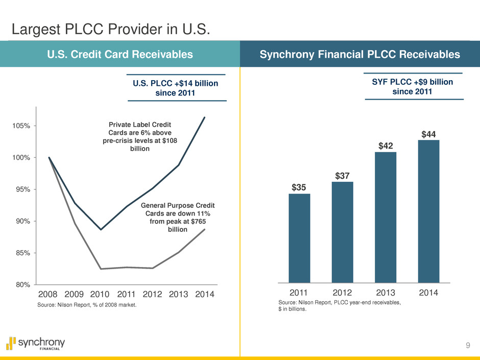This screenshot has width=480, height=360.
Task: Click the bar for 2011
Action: [x=299, y=238]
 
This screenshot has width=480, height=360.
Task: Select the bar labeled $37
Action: [x=342, y=232]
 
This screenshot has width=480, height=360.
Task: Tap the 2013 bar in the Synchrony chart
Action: [x=386, y=217]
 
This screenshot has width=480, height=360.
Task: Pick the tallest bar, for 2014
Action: [x=428, y=211]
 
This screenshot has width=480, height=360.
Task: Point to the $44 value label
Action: [x=428, y=134]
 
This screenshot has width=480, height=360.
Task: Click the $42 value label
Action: [x=386, y=146]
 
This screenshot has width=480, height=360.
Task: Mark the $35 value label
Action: [x=299, y=188]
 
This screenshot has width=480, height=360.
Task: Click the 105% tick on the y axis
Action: [x=20, y=126]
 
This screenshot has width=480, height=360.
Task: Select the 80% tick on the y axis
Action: [x=20, y=284]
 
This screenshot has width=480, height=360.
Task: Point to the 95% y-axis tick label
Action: [x=20, y=189]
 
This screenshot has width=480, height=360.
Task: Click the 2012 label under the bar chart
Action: [x=343, y=293]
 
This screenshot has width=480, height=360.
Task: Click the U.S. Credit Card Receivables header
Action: [x=120, y=55]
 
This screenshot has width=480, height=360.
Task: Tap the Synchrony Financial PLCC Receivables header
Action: [x=360, y=55]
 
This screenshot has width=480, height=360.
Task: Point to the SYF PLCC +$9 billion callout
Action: [x=414, y=87]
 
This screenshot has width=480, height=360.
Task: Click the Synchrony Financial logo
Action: [x=36, y=343]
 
